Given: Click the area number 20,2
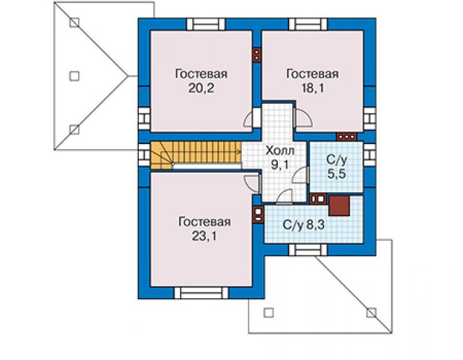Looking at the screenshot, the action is (x=201, y=88).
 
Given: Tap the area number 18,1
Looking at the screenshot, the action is (x=312, y=88).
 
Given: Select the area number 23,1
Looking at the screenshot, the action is (x=204, y=236).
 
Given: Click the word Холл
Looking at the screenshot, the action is (x=280, y=151).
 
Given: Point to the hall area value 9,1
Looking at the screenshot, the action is (x=280, y=165).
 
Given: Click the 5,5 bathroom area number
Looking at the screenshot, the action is (x=337, y=174).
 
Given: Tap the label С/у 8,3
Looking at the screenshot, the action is (x=303, y=225).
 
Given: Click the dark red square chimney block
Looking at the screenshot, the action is (x=339, y=205).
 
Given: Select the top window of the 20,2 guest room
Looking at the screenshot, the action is (x=206, y=24).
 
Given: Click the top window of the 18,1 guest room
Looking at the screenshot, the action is (x=308, y=24).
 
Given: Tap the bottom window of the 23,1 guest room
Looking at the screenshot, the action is (x=201, y=292).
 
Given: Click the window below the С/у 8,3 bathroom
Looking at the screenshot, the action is (x=308, y=250).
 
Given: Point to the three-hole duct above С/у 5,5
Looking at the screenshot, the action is (x=347, y=136).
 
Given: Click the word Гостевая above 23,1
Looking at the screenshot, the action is (x=204, y=222).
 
